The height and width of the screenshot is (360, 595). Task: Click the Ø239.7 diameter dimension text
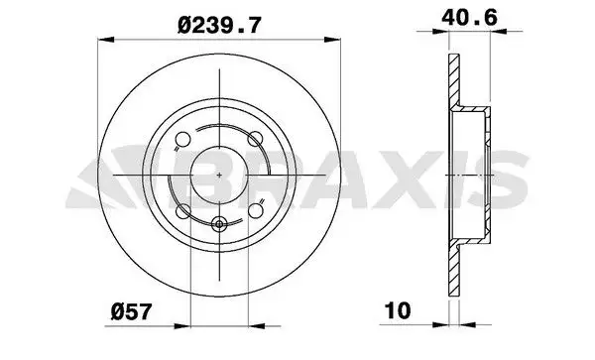(219, 24)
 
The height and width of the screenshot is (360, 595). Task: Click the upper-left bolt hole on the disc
(183, 139)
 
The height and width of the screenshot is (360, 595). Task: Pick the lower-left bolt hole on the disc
(182, 209)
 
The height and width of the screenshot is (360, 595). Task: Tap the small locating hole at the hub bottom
(218, 223)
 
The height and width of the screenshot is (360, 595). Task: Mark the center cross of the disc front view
(218, 174)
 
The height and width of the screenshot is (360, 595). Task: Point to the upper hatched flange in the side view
(454, 79)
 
